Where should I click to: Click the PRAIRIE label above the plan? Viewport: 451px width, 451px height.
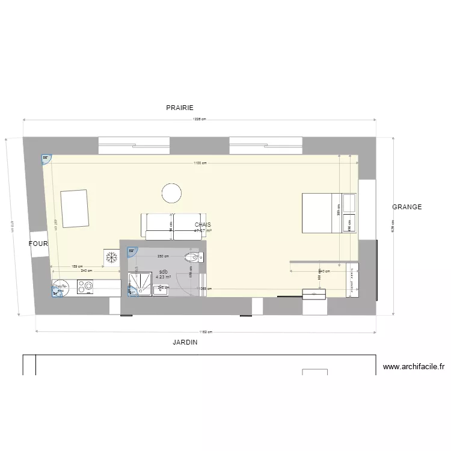click(180, 108)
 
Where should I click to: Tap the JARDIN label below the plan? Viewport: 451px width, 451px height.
click(185, 342)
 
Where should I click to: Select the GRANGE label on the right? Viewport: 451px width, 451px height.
click(407, 207)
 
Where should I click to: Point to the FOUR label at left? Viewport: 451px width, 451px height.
click(38, 244)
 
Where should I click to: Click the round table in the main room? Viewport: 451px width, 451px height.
click(171, 193)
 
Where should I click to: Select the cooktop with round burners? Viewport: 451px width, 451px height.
click(85, 287)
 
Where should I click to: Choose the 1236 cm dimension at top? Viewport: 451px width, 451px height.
click(199, 119)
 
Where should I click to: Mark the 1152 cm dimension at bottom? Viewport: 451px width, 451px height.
click(206, 331)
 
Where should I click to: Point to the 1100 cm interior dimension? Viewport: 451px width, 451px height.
click(200, 163)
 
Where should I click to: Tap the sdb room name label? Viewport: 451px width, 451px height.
click(163, 271)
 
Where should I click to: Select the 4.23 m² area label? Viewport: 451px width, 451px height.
click(163, 277)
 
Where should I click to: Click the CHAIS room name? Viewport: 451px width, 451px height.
click(203, 224)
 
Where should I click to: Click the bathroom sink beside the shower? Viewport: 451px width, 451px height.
click(162, 290)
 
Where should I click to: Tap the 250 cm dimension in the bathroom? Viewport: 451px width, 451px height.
click(162, 257)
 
